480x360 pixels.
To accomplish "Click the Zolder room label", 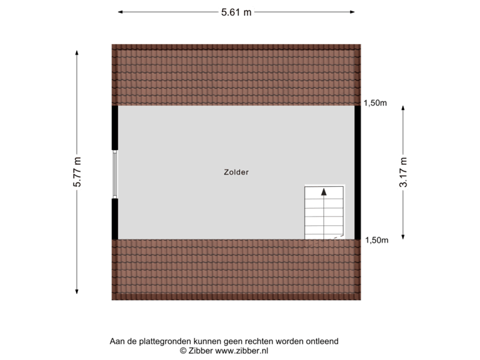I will (x=237, y=172).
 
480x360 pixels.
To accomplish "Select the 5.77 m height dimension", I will (x=77, y=172).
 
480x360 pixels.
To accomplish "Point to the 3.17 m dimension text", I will (x=403, y=172).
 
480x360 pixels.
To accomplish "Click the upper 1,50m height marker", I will (x=375, y=103).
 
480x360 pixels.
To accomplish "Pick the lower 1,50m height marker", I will (x=375, y=241).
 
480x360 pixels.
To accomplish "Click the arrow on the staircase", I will (x=324, y=191).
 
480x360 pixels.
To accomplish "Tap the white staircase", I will (x=324, y=212).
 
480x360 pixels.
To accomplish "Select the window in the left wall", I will (x=115, y=173).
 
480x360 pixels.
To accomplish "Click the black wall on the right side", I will (x=358, y=172).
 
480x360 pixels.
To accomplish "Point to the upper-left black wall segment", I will (x=115, y=127).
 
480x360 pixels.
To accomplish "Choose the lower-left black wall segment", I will (x=115, y=218).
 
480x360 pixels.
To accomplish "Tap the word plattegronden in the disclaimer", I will (x=159, y=341).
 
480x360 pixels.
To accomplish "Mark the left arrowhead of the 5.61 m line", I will (x=121, y=11).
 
